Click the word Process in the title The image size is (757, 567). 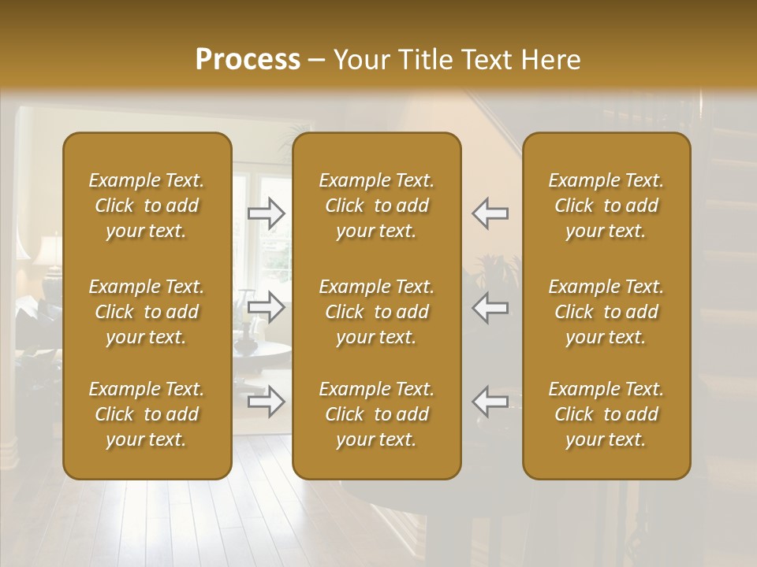248,60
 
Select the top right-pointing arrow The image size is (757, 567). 267,213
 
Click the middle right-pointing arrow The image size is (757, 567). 267,307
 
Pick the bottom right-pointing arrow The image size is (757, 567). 267,402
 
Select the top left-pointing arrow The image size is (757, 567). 490,213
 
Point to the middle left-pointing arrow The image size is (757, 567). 490,307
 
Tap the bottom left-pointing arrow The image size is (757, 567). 490,402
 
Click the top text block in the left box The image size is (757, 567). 147,206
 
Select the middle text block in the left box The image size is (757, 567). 147,312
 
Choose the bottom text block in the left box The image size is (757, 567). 147,414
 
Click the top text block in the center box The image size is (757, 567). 376,206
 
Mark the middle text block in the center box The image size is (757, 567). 376,312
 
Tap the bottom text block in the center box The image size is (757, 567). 376,414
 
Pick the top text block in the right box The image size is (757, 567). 606,206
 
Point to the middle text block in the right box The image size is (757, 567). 606,312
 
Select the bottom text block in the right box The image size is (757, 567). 606,414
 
